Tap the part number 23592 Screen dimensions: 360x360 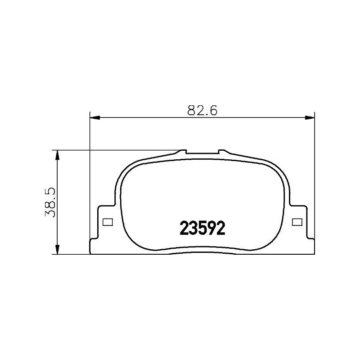(x=202, y=229)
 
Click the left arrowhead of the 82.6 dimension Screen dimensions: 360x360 (x=95, y=118)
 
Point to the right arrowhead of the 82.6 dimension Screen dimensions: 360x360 (x=310, y=118)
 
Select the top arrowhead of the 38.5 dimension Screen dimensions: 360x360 (x=57, y=154)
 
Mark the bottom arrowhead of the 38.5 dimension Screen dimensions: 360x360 (x=57, y=249)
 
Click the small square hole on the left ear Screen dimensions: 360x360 (x=107, y=222)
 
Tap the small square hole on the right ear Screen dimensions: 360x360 (x=297, y=222)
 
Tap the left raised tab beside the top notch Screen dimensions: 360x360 (x=183, y=152)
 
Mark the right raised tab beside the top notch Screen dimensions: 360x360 (x=220, y=152)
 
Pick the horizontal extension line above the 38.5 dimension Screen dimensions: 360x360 (x=117, y=150)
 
